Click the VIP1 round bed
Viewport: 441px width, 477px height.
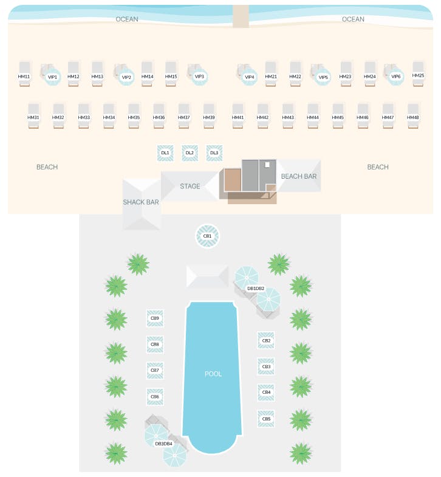[52, 76]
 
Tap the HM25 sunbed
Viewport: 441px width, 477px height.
[418, 74]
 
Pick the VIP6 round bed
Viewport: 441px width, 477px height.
[395, 76]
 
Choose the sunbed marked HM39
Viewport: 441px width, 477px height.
[209, 115]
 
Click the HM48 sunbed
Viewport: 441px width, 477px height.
[413, 115]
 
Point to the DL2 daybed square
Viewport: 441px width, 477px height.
[190, 153]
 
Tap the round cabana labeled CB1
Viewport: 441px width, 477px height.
[207, 236]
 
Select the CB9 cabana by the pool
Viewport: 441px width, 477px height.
[155, 318]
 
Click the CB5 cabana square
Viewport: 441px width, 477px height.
[266, 419]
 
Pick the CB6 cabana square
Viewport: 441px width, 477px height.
[155, 397]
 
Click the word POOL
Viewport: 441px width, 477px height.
[213, 374]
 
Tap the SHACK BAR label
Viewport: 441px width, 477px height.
[141, 202]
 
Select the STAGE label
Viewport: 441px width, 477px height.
[190, 186]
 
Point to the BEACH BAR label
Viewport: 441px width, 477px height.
[299, 176]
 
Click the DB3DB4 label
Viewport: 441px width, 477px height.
[163, 444]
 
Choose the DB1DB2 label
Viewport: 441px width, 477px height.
[256, 288]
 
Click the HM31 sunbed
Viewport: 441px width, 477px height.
[33, 115]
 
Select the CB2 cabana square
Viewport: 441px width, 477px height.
[266, 341]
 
